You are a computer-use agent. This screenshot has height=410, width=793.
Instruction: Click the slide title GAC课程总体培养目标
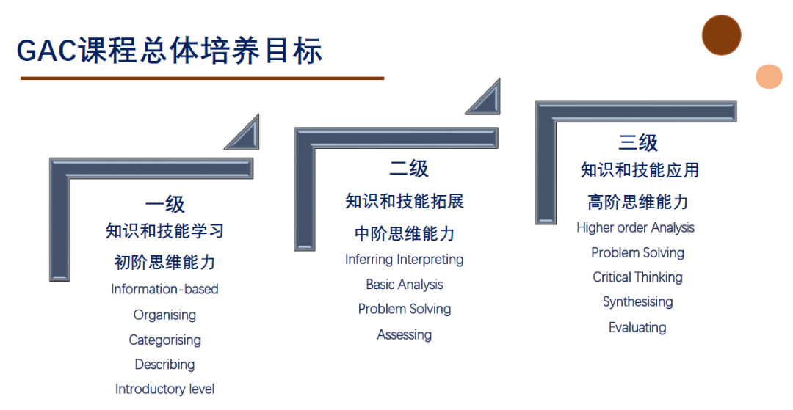[x=170, y=51]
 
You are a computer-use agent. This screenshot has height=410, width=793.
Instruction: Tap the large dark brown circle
[x=721, y=35]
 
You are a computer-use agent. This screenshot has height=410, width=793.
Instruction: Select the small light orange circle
[x=770, y=77]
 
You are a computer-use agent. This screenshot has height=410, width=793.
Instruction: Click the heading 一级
[x=165, y=205]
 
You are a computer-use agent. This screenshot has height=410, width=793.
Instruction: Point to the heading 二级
[x=409, y=168]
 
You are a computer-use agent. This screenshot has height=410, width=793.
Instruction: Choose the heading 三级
[x=638, y=142]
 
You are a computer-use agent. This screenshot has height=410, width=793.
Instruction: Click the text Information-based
[x=165, y=289]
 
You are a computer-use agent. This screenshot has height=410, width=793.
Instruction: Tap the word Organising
[x=165, y=315]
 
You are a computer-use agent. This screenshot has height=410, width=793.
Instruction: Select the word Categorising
[x=165, y=340]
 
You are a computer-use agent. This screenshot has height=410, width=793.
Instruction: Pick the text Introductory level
[x=165, y=389]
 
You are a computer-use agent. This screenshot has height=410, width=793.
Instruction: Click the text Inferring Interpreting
[x=405, y=260]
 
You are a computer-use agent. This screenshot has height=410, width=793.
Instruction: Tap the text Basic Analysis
[x=405, y=285]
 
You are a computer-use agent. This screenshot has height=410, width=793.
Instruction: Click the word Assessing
[x=405, y=334]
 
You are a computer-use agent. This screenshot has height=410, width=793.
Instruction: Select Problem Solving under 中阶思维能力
[x=405, y=309]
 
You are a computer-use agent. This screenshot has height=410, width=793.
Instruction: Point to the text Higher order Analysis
[x=636, y=227]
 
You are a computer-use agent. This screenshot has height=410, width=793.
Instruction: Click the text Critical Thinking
[x=638, y=277]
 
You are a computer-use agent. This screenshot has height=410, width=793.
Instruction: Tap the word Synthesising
[x=638, y=302]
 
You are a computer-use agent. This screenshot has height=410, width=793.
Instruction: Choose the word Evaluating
[x=638, y=327]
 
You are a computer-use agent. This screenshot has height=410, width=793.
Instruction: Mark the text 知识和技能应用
[x=640, y=170]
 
